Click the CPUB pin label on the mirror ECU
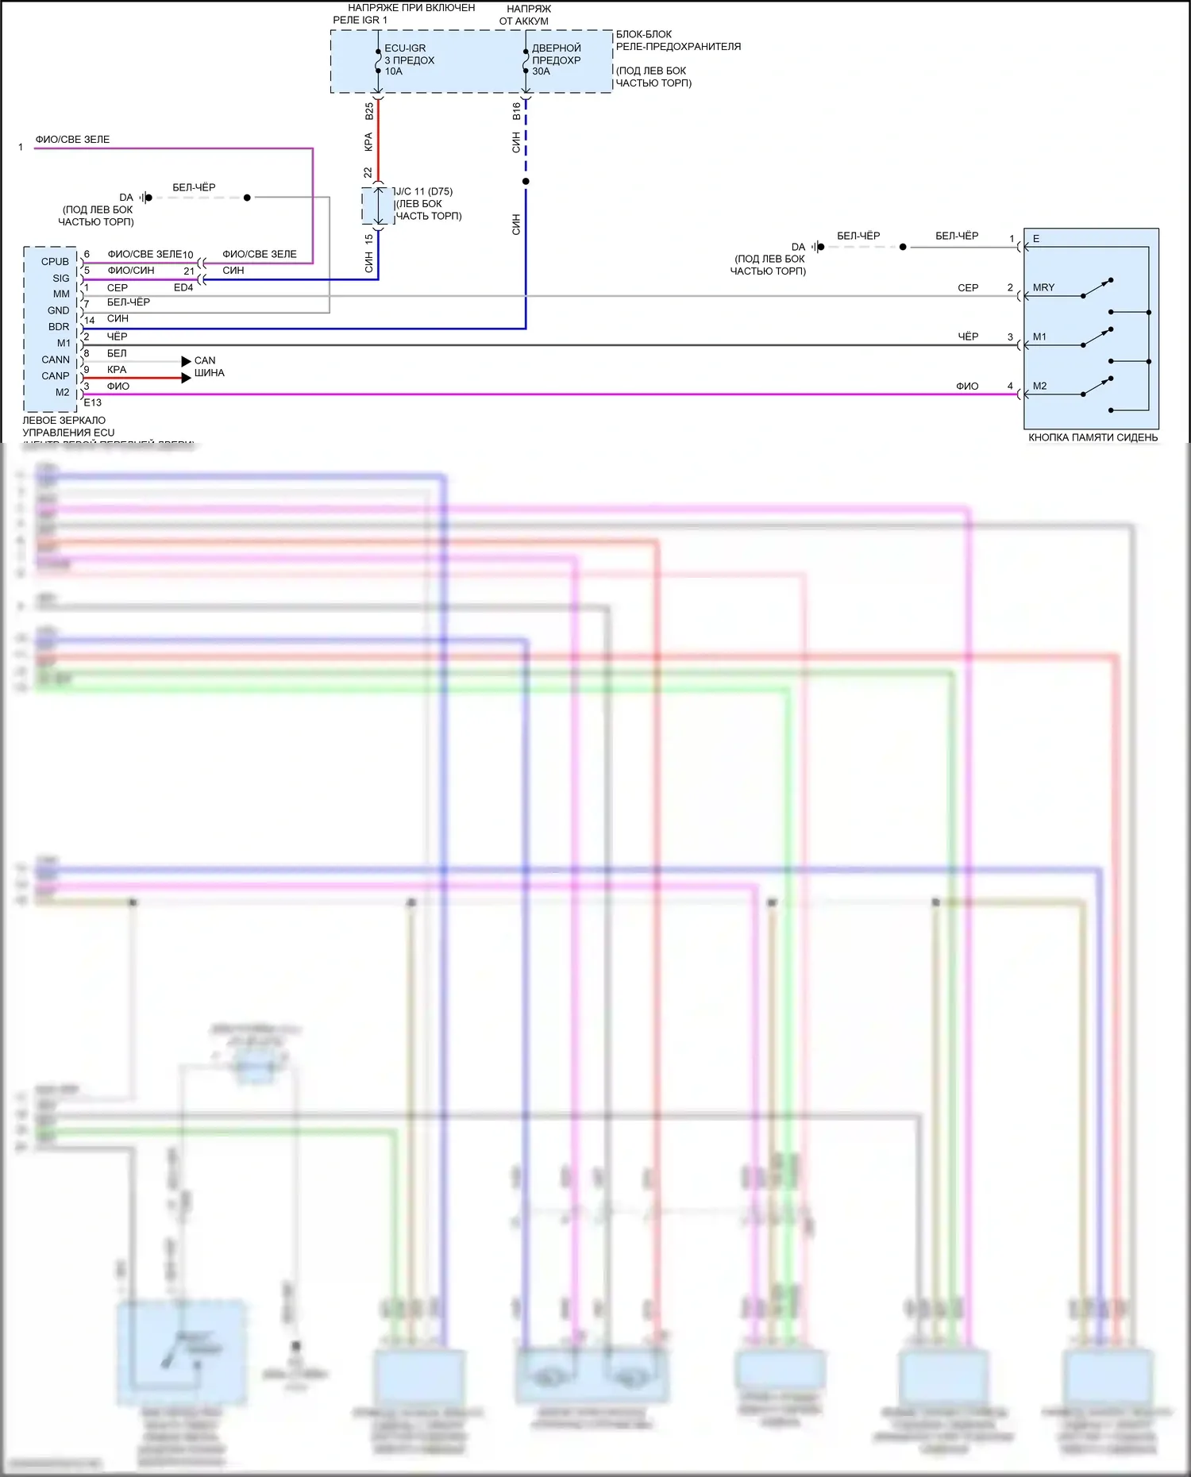click(55, 262)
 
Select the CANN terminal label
click(56, 360)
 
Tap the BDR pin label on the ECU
click(59, 327)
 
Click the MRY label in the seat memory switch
click(1043, 288)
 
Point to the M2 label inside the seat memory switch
click(1039, 387)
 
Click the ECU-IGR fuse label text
click(405, 48)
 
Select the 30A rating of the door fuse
click(541, 71)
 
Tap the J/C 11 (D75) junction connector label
click(424, 191)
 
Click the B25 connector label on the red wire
click(369, 112)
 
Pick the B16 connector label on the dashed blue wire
click(516, 111)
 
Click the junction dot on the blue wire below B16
click(526, 182)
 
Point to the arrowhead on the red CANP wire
click(187, 378)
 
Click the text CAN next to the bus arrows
click(205, 360)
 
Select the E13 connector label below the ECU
click(93, 402)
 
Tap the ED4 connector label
click(183, 287)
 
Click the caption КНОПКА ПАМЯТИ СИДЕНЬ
click(1093, 437)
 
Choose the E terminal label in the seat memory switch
click(1036, 239)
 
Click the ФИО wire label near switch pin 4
click(967, 387)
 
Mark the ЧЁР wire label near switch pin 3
click(968, 337)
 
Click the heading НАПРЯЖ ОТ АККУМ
click(524, 15)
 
